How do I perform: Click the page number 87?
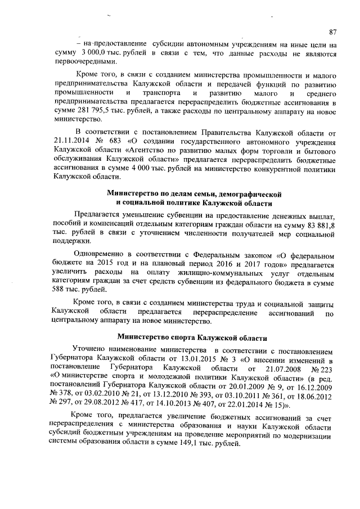(332, 31)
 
